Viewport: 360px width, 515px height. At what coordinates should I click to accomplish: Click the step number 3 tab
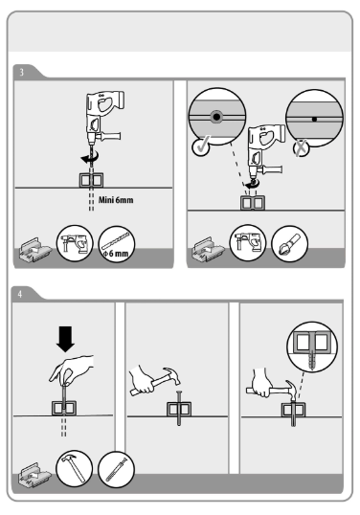click(x=22, y=72)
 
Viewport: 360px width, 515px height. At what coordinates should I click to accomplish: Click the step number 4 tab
click(x=20, y=294)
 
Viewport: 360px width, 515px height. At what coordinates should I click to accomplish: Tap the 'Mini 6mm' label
click(x=116, y=200)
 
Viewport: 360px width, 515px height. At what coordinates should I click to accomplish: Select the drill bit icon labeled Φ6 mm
click(x=116, y=244)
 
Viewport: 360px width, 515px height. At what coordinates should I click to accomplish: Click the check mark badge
click(x=201, y=146)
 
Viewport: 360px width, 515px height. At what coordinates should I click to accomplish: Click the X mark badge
click(x=302, y=148)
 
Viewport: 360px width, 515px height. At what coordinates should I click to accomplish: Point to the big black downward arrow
click(x=65, y=339)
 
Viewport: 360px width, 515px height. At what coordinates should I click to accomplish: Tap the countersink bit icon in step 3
click(x=290, y=244)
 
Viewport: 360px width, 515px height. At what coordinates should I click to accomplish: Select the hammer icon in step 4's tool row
click(x=75, y=469)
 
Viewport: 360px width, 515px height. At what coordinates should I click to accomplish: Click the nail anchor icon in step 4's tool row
click(x=116, y=469)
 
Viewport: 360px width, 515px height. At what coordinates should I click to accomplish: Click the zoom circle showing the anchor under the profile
click(x=312, y=347)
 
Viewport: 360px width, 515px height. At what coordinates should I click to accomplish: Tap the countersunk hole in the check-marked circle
click(x=216, y=117)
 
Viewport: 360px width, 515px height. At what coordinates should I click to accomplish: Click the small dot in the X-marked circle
click(x=314, y=119)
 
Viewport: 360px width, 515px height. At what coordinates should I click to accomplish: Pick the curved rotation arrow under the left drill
click(x=90, y=159)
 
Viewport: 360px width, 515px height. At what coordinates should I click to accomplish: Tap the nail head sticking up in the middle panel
click(x=179, y=392)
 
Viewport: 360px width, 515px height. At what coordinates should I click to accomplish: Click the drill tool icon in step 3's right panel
click(x=248, y=243)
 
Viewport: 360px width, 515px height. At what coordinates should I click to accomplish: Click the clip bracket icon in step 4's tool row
click(x=34, y=474)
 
